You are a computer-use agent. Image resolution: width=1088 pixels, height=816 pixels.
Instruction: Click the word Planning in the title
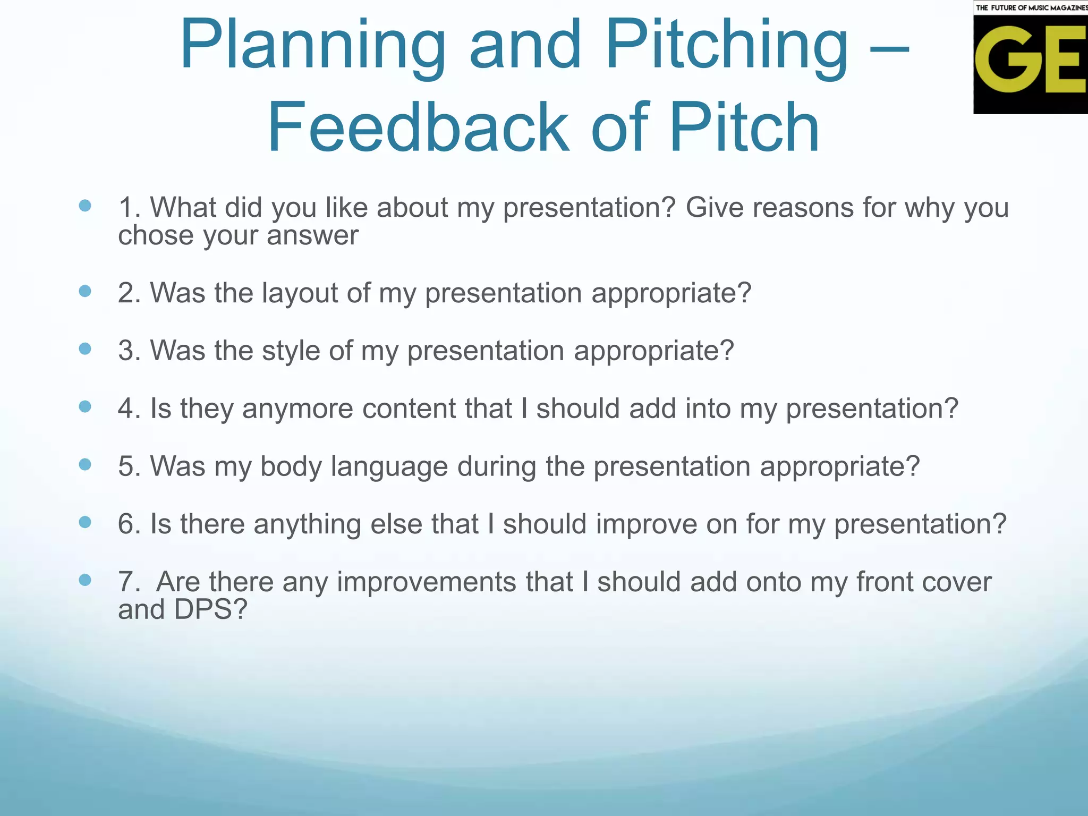tap(312, 47)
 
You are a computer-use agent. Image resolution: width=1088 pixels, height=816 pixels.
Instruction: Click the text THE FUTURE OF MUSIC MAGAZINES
tap(1031, 7)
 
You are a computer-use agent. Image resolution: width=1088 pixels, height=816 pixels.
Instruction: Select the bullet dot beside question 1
tap(85, 206)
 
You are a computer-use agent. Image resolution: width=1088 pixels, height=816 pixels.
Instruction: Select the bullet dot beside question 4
tap(85, 407)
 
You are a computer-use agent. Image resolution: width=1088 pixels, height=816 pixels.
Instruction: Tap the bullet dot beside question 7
tap(85, 580)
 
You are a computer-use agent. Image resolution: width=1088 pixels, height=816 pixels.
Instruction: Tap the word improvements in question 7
tap(426, 582)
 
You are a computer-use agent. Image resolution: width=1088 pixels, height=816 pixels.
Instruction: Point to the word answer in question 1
tap(312, 236)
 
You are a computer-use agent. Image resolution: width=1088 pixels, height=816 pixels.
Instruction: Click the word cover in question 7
tap(956, 582)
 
